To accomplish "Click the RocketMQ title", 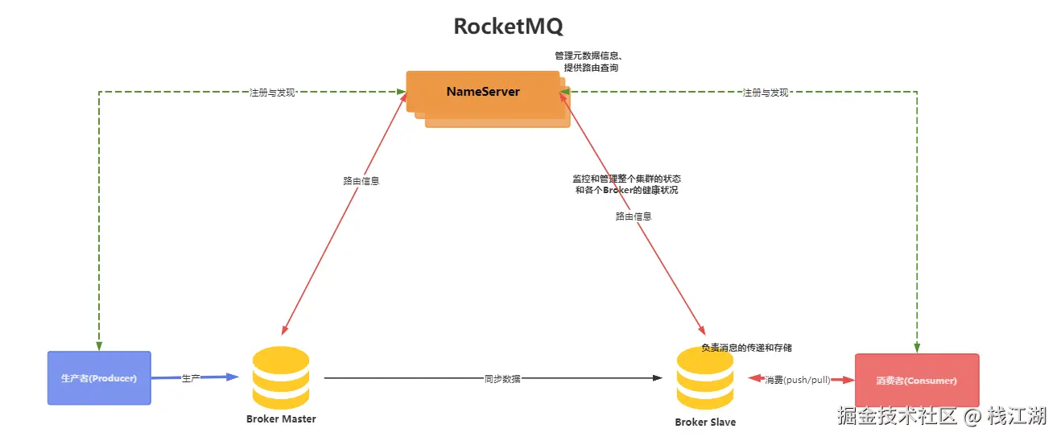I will (x=508, y=27).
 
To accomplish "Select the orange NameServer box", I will (x=483, y=92).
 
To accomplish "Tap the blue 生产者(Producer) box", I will (x=99, y=378).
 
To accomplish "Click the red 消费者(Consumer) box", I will (x=917, y=381).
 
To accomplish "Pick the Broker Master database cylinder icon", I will (x=281, y=378).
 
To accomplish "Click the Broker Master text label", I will (x=281, y=419).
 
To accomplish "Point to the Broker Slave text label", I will (x=705, y=422).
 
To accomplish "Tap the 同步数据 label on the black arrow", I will (x=502, y=378).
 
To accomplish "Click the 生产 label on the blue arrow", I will (x=191, y=378).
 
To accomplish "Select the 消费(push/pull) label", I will (x=797, y=379).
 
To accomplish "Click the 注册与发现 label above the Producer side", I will (x=273, y=93).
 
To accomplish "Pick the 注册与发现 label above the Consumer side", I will (x=765, y=93).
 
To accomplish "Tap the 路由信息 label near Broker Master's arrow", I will (x=361, y=181).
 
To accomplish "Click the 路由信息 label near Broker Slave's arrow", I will (x=634, y=216).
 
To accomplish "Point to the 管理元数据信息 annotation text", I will (x=590, y=56).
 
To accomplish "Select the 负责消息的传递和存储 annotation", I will (x=746, y=348).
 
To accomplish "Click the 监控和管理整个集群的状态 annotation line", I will (x=627, y=178).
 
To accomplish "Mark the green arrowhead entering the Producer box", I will (x=99, y=346).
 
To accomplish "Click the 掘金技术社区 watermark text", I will (x=896, y=416).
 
